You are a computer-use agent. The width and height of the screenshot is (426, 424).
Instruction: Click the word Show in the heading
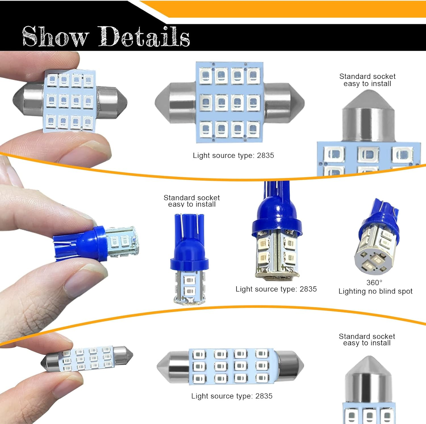tap(55, 36)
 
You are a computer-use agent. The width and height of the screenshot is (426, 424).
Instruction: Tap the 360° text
tap(374, 283)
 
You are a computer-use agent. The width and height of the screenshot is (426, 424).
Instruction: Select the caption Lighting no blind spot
tap(375, 291)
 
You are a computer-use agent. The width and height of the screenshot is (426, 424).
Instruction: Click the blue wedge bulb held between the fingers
tap(97, 243)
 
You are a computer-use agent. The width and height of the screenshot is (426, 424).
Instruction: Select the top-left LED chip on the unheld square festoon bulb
tap(206, 76)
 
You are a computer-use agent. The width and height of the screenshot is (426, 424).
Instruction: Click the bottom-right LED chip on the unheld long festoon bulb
tap(262, 378)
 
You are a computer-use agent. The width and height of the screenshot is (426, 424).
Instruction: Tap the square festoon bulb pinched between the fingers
tap(70, 101)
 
